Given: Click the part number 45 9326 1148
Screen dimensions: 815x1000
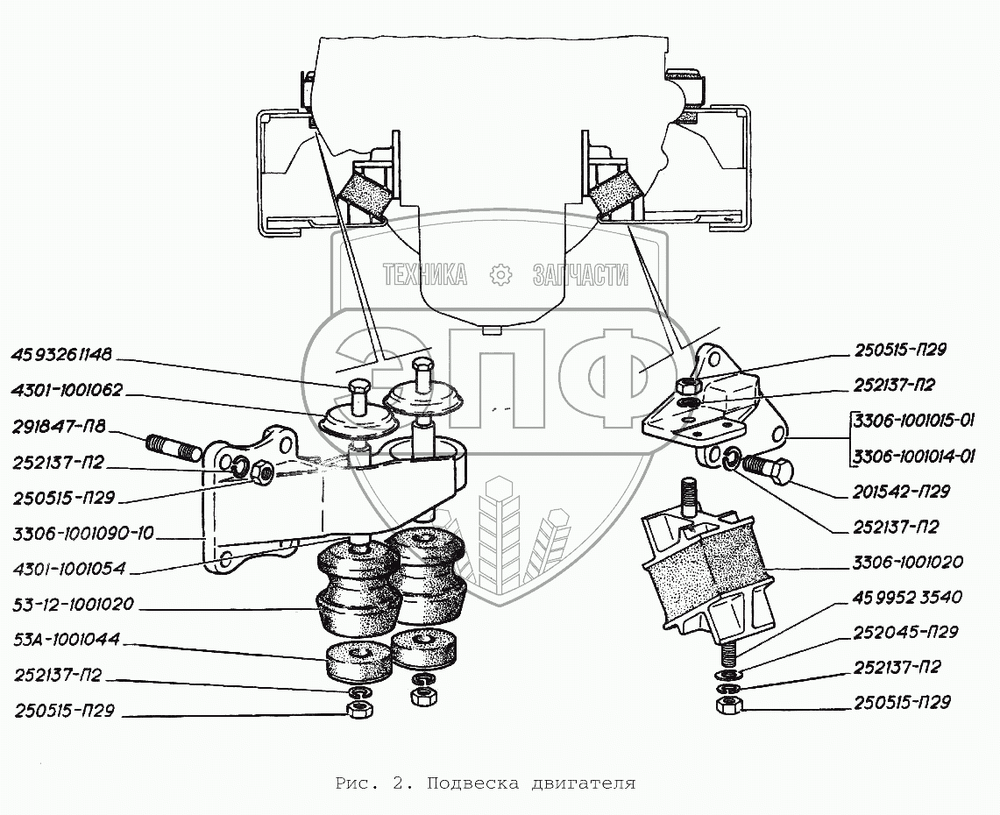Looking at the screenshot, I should tap(61, 355).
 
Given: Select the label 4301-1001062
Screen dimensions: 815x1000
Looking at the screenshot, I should tap(67, 390).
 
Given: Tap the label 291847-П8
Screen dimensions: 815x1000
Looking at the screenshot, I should tap(58, 427).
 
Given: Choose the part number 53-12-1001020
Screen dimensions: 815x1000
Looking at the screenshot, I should tap(74, 605).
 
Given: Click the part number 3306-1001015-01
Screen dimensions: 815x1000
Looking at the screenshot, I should tap(912, 420).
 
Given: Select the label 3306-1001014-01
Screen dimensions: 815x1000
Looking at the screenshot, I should tap(912, 456).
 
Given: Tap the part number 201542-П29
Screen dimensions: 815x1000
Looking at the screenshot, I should tap(901, 493).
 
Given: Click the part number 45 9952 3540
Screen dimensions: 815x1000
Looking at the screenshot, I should tap(906, 597).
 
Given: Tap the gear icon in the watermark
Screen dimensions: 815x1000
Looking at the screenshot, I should tap(500, 275).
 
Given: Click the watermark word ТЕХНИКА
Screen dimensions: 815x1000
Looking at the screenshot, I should tap(424, 275).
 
